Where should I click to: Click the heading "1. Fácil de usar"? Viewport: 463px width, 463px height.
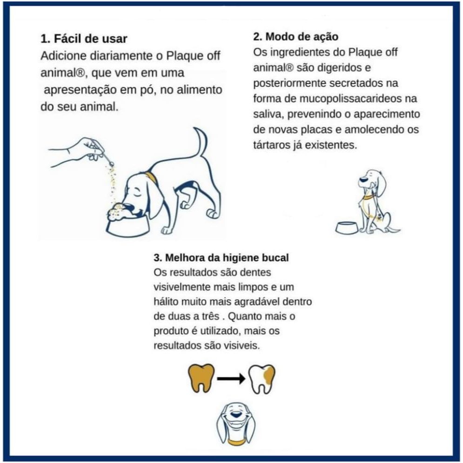pos(84,39)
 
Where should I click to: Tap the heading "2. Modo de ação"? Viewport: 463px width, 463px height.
pos(295,37)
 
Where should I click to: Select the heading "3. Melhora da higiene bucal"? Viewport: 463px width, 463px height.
pos(221,257)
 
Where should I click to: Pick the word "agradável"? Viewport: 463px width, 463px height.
pos(256,302)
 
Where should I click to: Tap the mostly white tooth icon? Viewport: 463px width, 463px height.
pos(262,379)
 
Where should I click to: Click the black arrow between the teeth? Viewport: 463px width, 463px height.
pos(231,379)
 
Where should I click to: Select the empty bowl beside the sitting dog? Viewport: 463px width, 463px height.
pos(347,228)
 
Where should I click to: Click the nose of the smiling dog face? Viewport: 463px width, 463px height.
pos(235,414)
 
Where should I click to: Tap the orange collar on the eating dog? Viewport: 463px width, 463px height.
pos(152,178)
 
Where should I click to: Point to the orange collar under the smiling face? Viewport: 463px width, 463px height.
pos(236,442)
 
